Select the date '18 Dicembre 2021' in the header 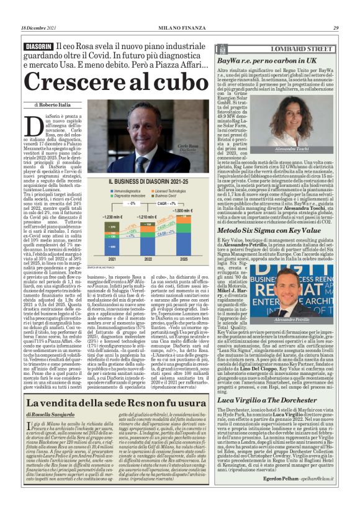point(39,28)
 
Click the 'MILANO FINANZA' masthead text point(179,28)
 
